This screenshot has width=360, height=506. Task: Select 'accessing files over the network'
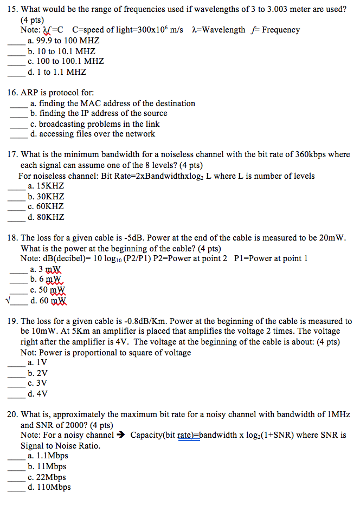(93, 134)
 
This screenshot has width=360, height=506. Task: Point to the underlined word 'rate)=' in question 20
(189, 435)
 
